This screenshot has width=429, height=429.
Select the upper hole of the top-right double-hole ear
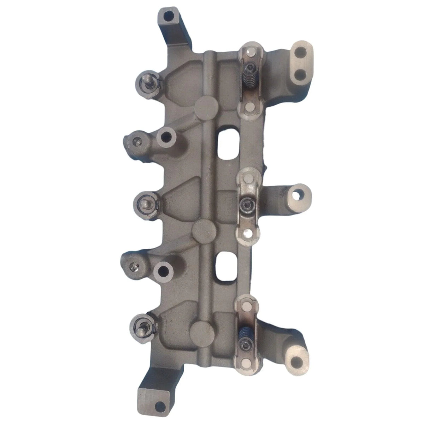(301, 52)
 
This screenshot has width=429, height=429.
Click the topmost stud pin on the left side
(146, 80)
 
